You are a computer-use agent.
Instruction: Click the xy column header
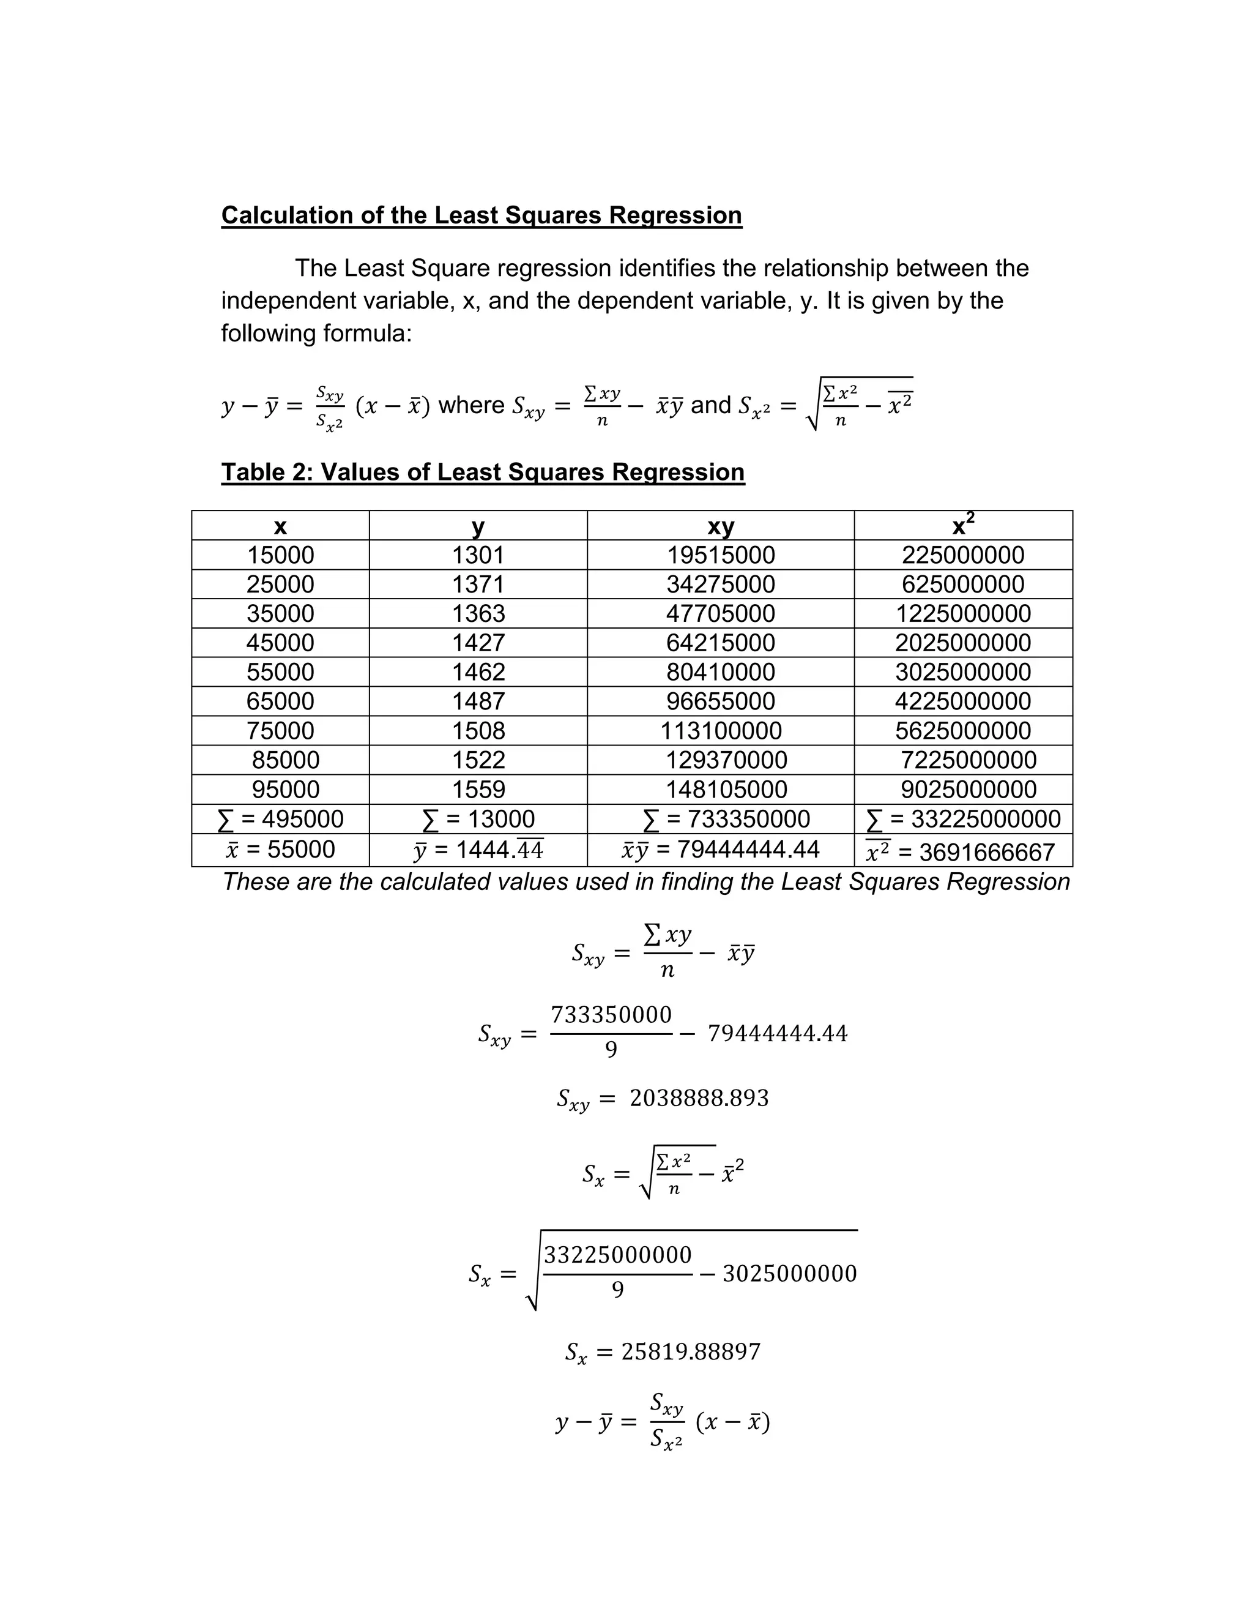[720, 526]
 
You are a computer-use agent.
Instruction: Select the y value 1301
[478, 555]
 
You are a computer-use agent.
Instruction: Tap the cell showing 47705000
[720, 613]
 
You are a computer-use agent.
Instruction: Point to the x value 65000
[280, 701]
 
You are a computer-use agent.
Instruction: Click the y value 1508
[478, 731]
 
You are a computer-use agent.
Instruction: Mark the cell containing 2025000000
[963, 643]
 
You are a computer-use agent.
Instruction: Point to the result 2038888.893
[699, 1097]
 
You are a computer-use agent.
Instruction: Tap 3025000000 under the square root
[789, 1274]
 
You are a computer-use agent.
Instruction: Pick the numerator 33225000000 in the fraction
[617, 1254]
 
